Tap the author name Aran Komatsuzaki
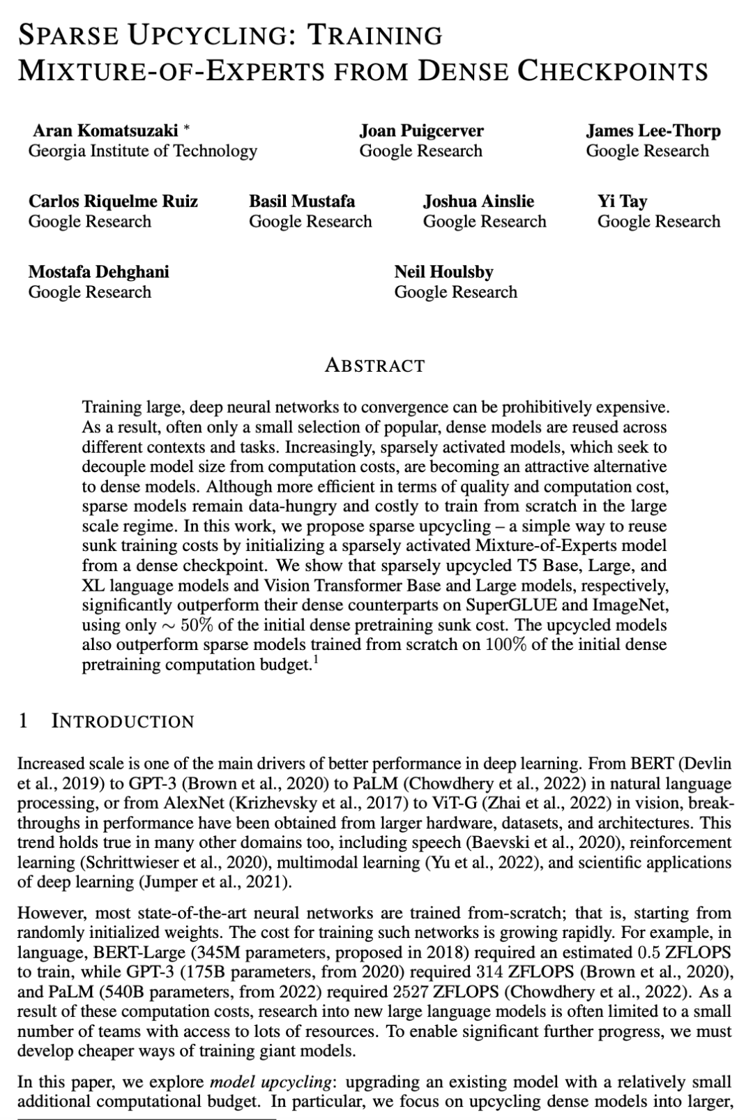pos(105,130)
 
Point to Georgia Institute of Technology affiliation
pos(142,151)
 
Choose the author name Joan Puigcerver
pos(421,130)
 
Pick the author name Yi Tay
pos(622,201)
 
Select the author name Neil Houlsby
pos(443,271)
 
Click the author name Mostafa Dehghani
pos(98,271)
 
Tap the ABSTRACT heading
pos(374,365)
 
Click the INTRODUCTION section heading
pos(123,721)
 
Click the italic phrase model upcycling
pos(270,1082)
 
